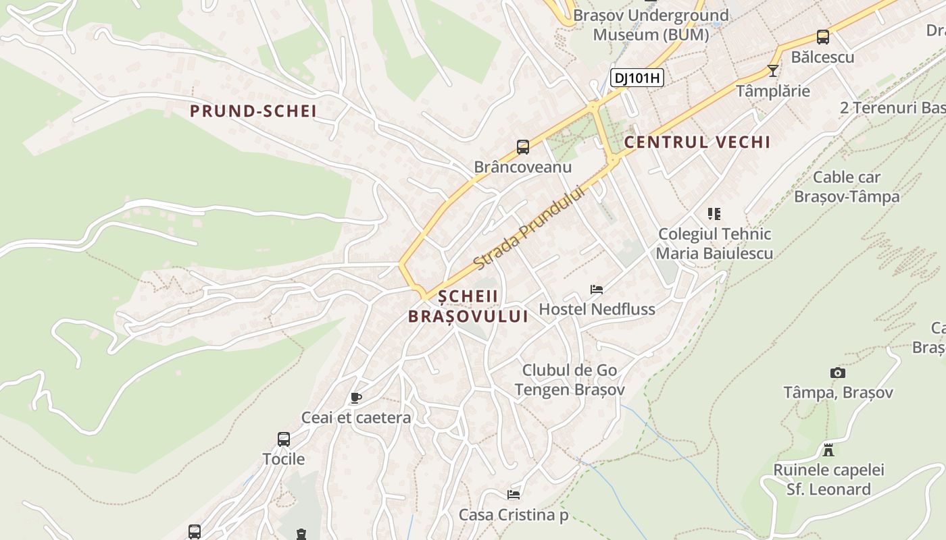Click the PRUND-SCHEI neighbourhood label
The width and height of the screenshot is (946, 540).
click(253, 111)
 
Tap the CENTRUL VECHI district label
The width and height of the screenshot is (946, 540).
click(697, 142)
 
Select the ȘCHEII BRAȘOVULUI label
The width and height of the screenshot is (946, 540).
click(468, 306)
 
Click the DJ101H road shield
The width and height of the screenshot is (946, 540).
click(637, 78)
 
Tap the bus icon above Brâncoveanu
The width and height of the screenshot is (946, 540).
click(522, 146)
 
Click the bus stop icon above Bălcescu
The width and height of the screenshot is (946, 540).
click(822, 37)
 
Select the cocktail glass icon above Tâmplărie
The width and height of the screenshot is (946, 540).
click(773, 70)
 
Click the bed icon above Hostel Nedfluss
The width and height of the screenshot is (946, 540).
click(596, 290)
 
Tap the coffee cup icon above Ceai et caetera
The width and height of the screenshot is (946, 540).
click(355, 398)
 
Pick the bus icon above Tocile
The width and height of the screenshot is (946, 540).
click(284, 439)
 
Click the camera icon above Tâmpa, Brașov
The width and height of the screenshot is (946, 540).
click(837, 373)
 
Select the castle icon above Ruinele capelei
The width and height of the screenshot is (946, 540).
click(828, 450)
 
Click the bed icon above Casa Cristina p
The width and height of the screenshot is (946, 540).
click(514, 495)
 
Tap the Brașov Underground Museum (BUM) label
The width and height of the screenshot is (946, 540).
click(651, 25)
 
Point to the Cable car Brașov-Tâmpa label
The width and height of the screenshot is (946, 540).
click(847, 187)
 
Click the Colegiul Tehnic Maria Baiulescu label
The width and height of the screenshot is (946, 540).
click(714, 244)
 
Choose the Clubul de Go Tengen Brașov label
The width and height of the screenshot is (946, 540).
click(570, 380)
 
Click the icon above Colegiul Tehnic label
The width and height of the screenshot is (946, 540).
click(714, 214)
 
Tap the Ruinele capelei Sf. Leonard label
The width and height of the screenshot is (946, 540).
click(828, 479)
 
